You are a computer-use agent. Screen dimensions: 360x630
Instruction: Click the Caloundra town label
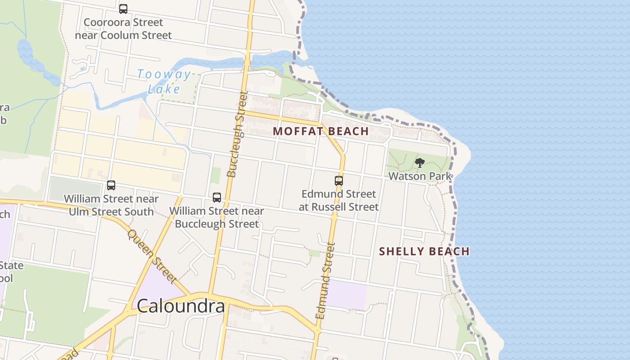click(x=180, y=306)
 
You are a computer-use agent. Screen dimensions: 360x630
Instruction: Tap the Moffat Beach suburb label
click(x=321, y=131)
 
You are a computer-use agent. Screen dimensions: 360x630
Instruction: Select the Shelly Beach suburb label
click(x=424, y=251)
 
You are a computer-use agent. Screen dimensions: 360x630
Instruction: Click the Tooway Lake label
click(x=164, y=81)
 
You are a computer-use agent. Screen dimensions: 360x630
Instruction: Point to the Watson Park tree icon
click(x=420, y=163)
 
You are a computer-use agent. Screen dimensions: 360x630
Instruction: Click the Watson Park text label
click(x=420, y=176)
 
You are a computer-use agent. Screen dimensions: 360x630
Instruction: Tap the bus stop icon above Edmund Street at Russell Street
click(x=339, y=181)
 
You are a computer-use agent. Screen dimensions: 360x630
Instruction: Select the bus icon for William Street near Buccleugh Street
click(x=217, y=198)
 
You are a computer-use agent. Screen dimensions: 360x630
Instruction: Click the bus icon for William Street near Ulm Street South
click(x=111, y=185)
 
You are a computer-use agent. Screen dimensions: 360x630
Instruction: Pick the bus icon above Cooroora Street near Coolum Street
click(x=123, y=9)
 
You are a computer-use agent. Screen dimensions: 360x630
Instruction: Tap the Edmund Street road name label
click(x=326, y=281)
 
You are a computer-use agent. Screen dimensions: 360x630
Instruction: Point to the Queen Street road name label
click(x=151, y=256)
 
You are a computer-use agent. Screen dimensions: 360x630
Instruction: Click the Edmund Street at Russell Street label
click(x=339, y=200)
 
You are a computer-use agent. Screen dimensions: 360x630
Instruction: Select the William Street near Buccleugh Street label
click(x=216, y=217)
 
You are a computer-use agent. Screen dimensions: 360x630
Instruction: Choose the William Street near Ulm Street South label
click(x=111, y=205)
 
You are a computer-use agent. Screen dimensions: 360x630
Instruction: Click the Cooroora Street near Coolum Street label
click(x=123, y=29)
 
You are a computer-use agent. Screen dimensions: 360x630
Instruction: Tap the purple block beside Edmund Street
click(x=346, y=294)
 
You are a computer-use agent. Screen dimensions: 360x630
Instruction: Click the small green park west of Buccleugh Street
click(x=216, y=175)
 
